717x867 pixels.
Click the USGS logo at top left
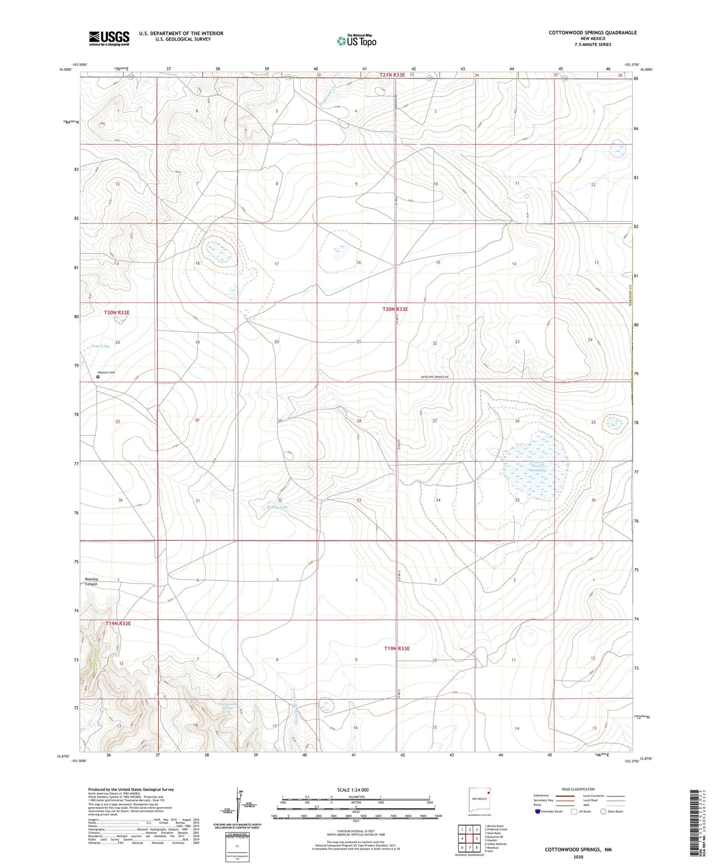point(109,38)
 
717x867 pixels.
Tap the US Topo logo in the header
point(357,41)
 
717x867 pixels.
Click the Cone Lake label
point(100,346)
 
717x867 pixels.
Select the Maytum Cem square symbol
point(98,377)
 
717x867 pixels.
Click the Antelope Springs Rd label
point(435,377)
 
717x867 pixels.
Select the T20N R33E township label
point(395,309)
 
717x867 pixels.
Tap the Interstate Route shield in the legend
point(538,812)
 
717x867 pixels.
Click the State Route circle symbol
point(604,812)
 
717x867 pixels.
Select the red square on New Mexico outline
point(489,791)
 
